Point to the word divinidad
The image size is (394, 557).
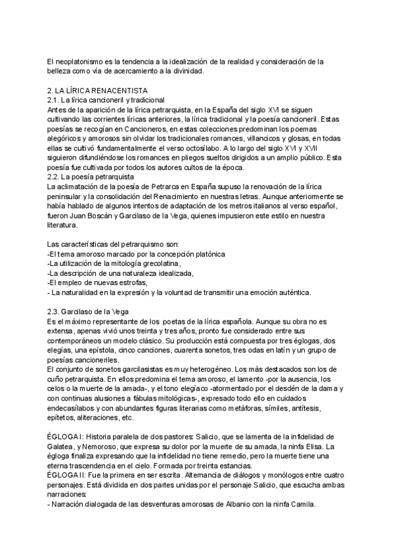pos(187,71)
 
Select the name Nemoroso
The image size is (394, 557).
pos(97,446)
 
